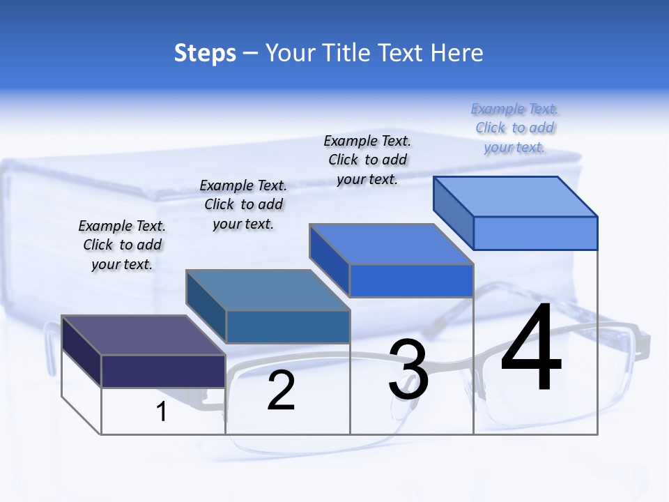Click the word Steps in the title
(x=205, y=53)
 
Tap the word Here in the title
(x=457, y=53)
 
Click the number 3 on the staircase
(x=408, y=370)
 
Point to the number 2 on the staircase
(x=281, y=391)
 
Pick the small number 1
(x=162, y=412)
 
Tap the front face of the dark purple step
(x=163, y=370)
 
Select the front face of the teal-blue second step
(x=288, y=326)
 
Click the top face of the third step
(x=391, y=244)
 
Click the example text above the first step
(x=122, y=245)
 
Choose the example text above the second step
(x=243, y=204)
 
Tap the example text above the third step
(x=367, y=160)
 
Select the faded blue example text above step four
(x=514, y=128)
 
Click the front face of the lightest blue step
(x=535, y=233)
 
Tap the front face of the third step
(x=411, y=280)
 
